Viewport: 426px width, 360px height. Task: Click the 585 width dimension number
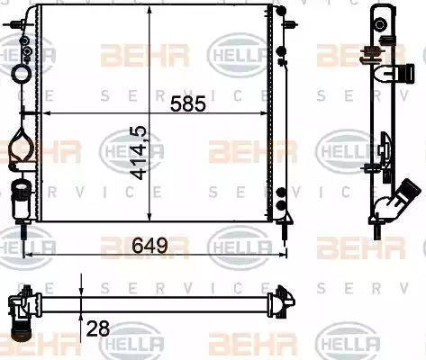[x=188, y=104]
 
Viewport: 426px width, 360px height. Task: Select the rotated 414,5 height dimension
[x=138, y=153]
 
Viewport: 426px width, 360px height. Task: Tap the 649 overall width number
[x=150, y=246]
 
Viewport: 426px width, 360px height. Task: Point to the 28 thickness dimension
[x=98, y=328]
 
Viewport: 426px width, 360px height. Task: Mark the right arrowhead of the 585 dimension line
[x=264, y=113]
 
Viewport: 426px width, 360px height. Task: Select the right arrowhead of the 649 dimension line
[x=283, y=255]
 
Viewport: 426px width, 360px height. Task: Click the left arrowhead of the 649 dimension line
[x=28, y=255]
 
